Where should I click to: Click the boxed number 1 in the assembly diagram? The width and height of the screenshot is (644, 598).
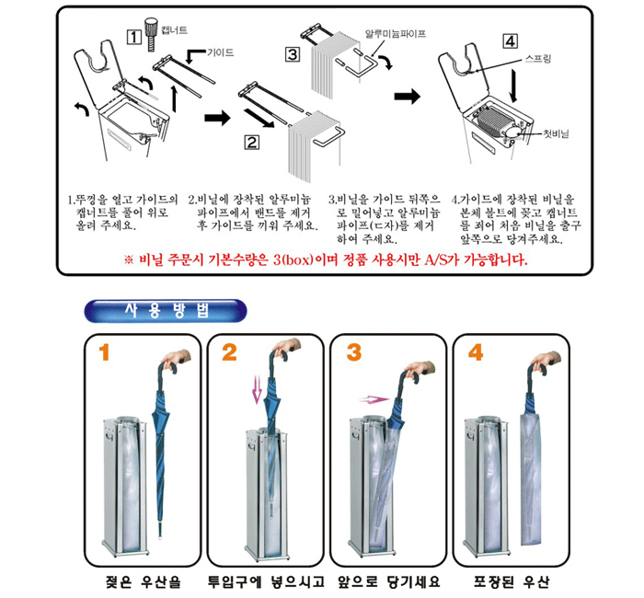click(x=134, y=38)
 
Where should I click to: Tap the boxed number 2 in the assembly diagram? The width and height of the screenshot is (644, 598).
click(x=252, y=142)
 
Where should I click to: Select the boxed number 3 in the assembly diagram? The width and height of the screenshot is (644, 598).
click(x=293, y=54)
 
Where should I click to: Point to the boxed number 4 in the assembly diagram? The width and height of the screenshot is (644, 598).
click(x=510, y=41)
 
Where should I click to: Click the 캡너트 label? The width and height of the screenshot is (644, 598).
click(x=175, y=30)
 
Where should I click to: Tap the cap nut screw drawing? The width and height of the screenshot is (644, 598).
click(x=151, y=34)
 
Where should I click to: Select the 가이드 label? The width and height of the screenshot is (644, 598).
click(x=220, y=52)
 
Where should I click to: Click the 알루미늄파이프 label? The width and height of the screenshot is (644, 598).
click(x=396, y=34)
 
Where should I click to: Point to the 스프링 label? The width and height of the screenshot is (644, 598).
click(x=538, y=59)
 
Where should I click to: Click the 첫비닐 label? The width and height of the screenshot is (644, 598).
click(x=556, y=133)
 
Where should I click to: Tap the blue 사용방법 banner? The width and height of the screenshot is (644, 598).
click(x=166, y=311)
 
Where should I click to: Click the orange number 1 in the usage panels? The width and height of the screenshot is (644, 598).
click(x=104, y=352)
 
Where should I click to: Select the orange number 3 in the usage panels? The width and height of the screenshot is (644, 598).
click(x=353, y=352)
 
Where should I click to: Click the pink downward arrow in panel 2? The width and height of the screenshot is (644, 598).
click(x=257, y=389)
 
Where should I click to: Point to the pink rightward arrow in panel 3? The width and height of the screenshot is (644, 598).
click(x=374, y=398)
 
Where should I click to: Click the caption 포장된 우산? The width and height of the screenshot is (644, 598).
click(x=511, y=581)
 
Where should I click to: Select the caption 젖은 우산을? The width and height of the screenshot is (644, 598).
click(x=143, y=581)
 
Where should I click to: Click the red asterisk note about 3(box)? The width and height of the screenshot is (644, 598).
click(x=326, y=260)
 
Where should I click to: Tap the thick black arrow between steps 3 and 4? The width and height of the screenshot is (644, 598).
click(x=408, y=97)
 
